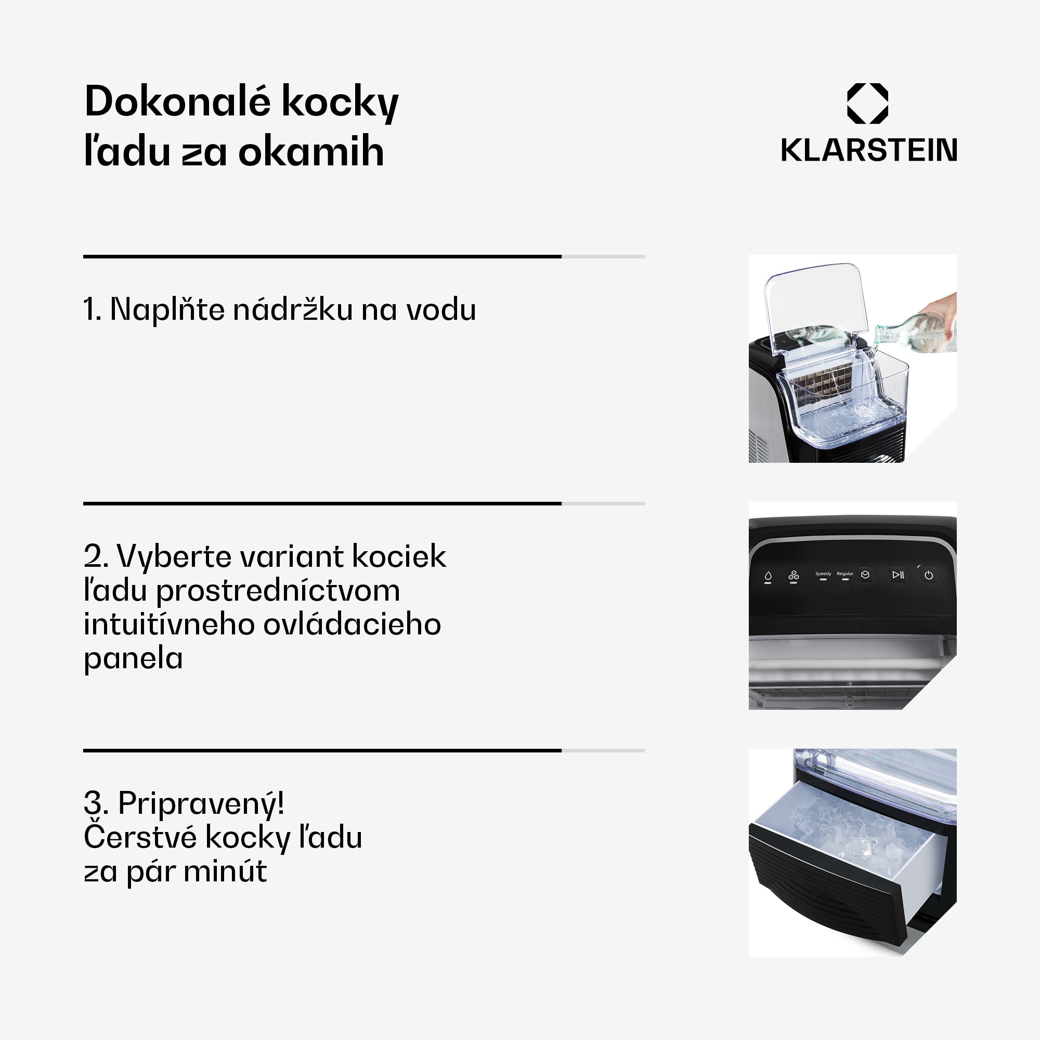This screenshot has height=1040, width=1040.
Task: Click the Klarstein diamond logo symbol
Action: [x=868, y=103]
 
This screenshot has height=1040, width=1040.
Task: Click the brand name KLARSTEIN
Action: [x=869, y=150]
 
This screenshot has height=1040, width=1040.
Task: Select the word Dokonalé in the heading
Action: [x=178, y=101]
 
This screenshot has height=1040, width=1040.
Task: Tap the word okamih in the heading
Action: [x=311, y=152]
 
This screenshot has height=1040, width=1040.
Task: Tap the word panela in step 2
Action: [x=134, y=658]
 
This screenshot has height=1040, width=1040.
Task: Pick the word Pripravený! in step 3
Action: [x=201, y=803]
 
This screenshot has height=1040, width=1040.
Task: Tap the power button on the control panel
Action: [x=929, y=576]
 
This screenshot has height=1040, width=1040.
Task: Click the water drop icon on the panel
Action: [x=768, y=576]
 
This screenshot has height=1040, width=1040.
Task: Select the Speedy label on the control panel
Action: [x=823, y=574]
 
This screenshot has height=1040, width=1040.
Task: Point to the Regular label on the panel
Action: [x=845, y=574]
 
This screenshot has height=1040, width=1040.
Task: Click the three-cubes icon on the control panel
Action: [x=794, y=576]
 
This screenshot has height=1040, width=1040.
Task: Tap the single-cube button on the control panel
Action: [x=866, y=575]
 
